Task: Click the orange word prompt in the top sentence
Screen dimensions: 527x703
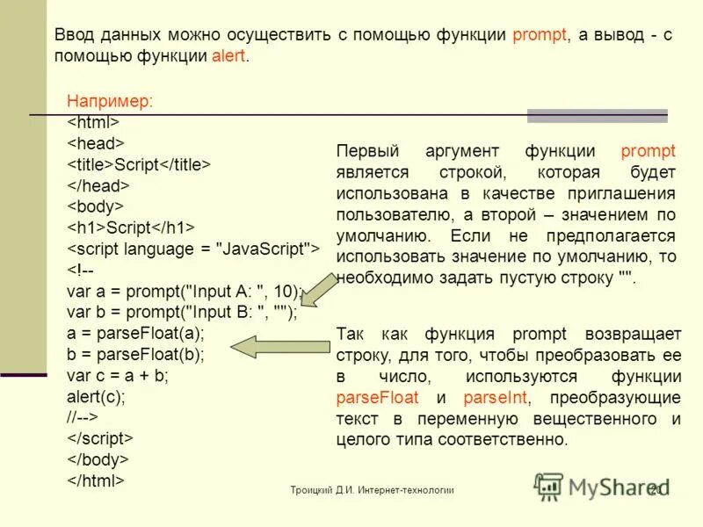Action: tap(540, 35)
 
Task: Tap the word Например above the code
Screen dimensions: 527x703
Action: tap(110, 101)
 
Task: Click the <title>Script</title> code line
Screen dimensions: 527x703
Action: tap(140, 164)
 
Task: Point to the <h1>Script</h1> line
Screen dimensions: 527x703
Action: tap(131, 227)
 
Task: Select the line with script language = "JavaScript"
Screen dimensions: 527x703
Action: tap(193, 249)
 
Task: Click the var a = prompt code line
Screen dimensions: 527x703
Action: tap(185, 291)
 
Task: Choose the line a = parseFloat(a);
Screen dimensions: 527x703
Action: tap(135, 333)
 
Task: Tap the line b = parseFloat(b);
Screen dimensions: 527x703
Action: tap(135, 354)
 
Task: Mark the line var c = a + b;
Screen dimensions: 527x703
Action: tap(118, 375)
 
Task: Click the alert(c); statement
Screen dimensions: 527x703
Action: tap(97, 396)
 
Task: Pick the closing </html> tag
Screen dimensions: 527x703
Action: tap(97, 480)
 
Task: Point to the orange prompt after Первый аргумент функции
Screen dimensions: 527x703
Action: tap(648, 151)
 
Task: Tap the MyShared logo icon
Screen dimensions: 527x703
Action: tap(549, 486)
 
